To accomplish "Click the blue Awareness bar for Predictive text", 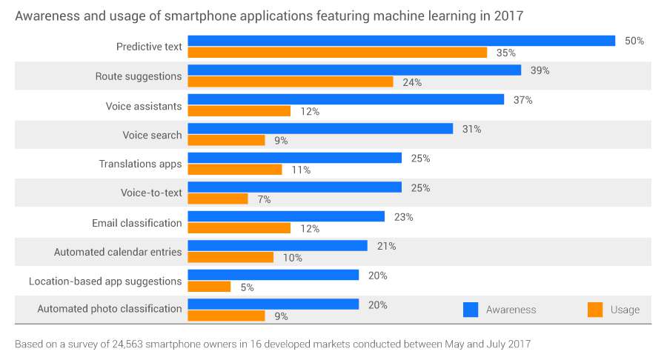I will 401,41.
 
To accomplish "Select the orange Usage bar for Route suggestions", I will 290,81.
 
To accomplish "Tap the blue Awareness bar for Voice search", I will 320,128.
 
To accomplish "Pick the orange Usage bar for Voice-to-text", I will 218,199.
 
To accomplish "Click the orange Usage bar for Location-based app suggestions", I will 209,287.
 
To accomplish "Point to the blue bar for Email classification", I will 286,216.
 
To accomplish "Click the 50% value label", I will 634,41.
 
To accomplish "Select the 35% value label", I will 506,53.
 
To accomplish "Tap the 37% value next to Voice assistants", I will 523,99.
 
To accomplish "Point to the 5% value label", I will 246,287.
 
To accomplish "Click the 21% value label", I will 386,246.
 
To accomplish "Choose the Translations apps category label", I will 140,164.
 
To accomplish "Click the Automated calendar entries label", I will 118,252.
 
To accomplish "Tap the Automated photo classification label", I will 110,309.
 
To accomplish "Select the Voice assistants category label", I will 144,106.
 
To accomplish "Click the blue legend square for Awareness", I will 471,310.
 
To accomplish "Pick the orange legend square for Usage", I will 594,310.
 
